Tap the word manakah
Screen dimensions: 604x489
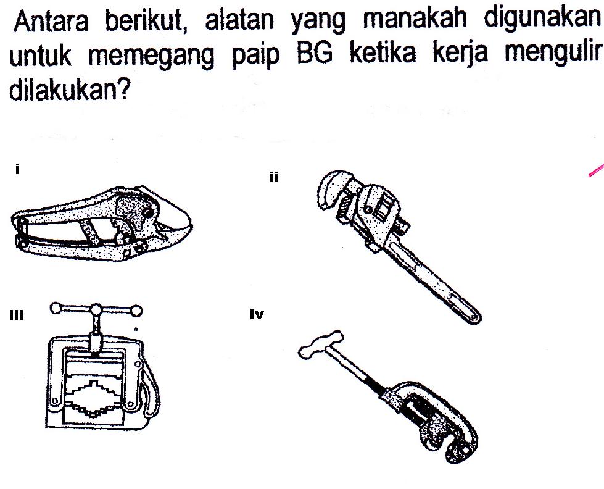(415, 19)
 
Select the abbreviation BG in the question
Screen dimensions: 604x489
(314, 53)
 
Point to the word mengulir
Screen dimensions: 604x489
(553, 52)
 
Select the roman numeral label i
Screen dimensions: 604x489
(17, 169)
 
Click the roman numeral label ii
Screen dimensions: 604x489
(273, 177)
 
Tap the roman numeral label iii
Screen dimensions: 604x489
(16, 316)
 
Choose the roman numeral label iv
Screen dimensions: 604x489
(257, 315)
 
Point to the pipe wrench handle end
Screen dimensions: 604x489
(472, 315)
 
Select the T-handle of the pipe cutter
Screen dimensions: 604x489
(320, 345)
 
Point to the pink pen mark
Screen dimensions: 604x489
(597, 170)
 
